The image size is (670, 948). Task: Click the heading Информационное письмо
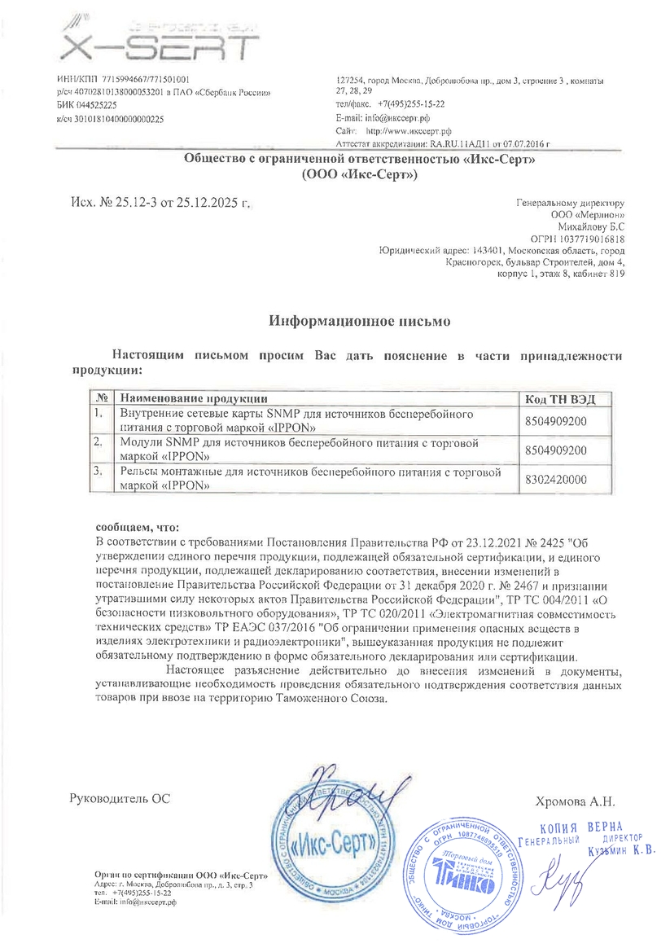click(360, 321)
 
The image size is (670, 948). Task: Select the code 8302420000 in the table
click(557, 481)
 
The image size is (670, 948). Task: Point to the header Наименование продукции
click(194, 398)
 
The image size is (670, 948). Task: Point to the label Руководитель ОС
click(120, 799)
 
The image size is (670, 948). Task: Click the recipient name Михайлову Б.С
click(591, 226)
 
